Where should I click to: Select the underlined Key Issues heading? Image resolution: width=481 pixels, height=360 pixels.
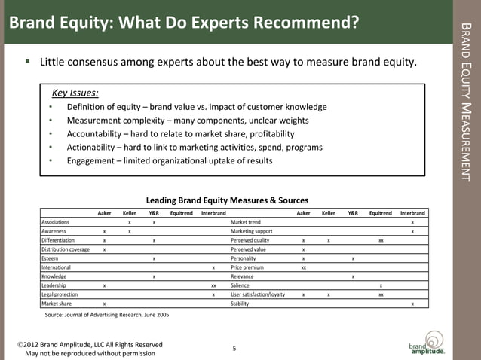pyautogui.click(x=75, y=93)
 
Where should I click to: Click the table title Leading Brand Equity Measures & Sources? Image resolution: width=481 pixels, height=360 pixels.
pyautogui.click(x=227, y=200)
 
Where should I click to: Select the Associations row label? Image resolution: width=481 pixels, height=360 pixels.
pyautogui.click(x=56, y=222)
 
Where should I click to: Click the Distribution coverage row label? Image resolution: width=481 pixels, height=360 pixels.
pyautogui.click(x=66, y=249)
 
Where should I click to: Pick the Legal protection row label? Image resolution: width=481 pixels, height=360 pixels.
pyautogui.click(x=59, y=294)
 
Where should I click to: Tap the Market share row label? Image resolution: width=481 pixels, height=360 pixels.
pyautogui.click(x=56, y=304)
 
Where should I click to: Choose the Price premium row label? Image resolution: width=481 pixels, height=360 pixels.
pyautogui.click(x=247, y=267)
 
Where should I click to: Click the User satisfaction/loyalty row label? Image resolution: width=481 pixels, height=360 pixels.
pyautogui.click(x=258, y=294)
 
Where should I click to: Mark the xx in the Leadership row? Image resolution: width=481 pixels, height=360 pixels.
pyautogui.click(x=214, y=285)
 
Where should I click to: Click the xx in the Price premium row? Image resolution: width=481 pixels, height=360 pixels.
pyautogui.click(x=303, y=267)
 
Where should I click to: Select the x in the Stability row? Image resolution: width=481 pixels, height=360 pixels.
pyautogui.click(x=412, y=304)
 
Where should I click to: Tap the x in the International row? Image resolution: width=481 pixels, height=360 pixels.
pyautogui.click(x=214, y=267)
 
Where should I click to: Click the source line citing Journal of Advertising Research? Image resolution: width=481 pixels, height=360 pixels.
pyautogui.click(x=107, y=315)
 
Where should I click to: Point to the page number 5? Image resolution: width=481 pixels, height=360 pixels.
pyautogui.click(x=234, y=348)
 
